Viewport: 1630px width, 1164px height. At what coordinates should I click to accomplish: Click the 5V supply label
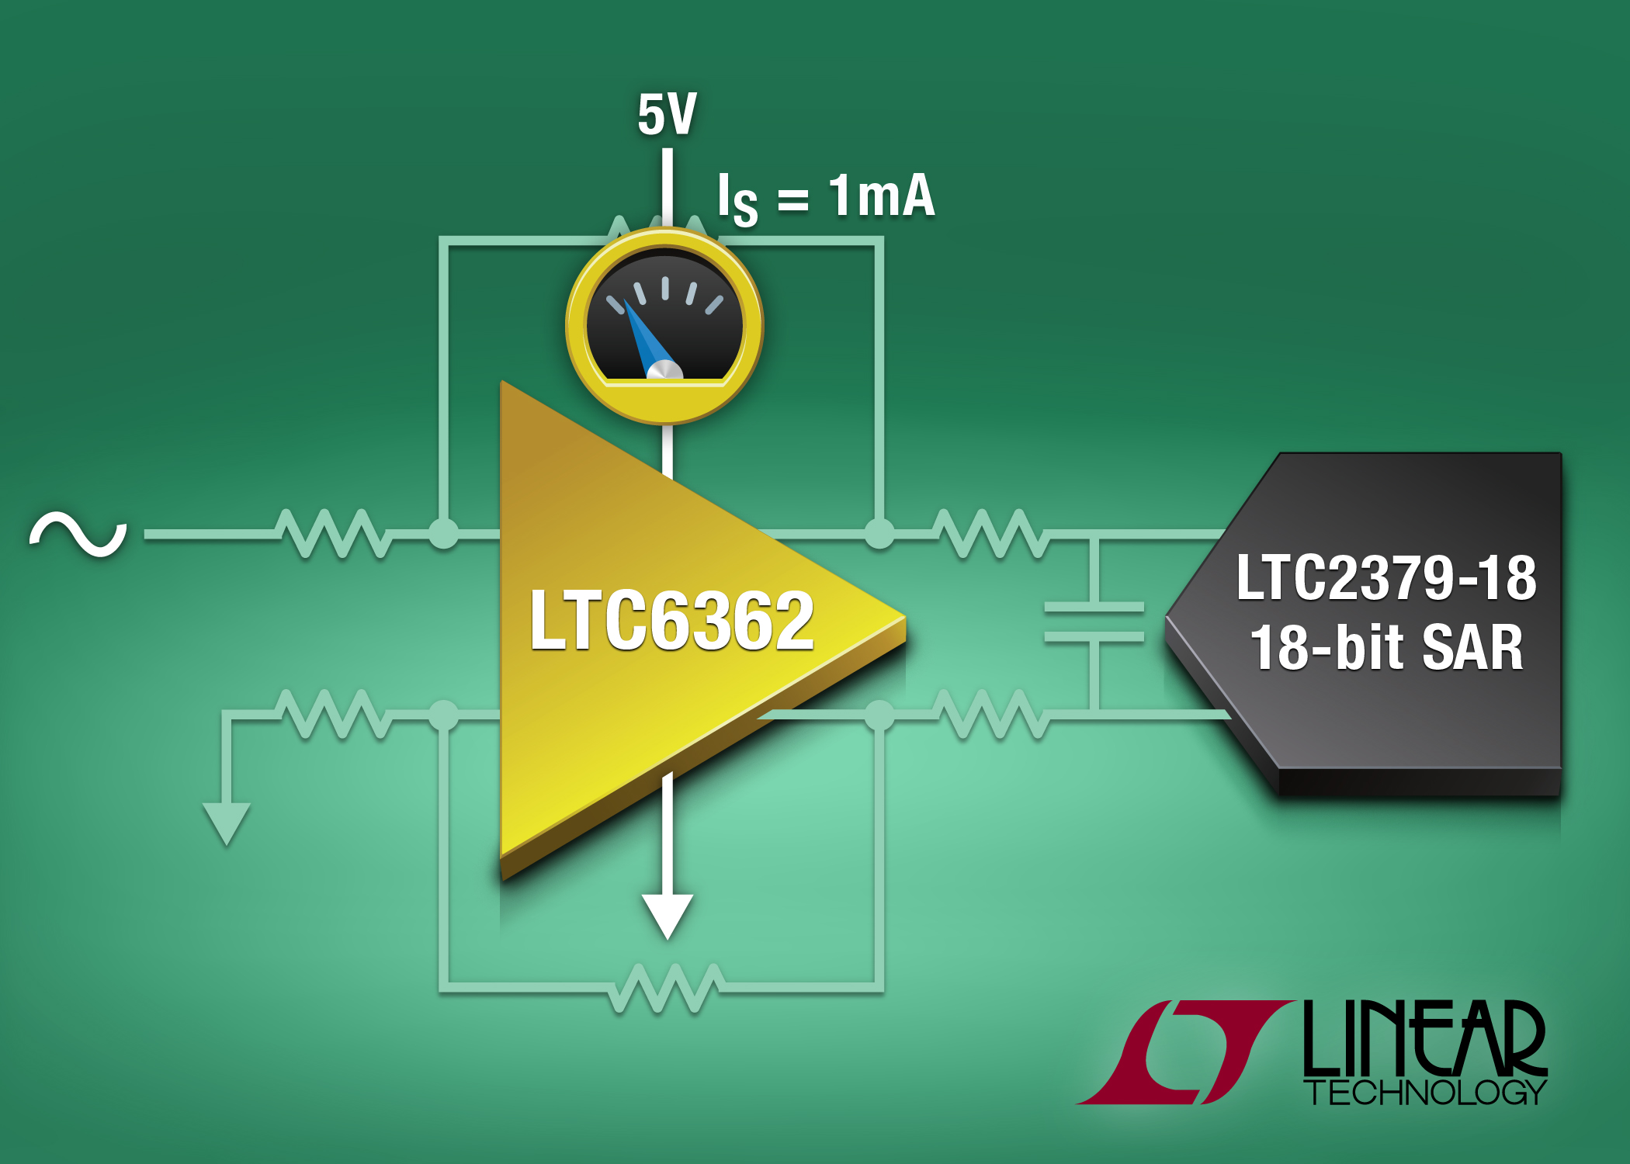pyautogui.click(x=667, y=114)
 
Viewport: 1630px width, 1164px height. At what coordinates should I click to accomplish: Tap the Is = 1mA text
pyautogui.click(x=826, y=199)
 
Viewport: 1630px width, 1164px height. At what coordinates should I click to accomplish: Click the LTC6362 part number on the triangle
pyautogui.click(x=672, y=620)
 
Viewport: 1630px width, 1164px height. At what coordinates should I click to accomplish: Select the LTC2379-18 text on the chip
pyautogui.click(x=1386, y=578)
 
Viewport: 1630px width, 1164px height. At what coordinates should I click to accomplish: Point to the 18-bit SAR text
pyautogui.click(x=1386, y=648)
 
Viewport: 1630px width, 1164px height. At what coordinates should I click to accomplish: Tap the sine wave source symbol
pyautogui.click(x=78, y=534)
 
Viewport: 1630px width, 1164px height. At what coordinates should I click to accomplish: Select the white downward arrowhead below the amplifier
pyautogui.click(x=667, y=916)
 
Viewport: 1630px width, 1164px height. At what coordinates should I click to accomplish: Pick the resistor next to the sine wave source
pyautogui.click(x=334, y=534)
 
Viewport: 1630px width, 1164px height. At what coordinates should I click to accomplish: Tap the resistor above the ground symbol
pyautogui.click(x=334, y=714)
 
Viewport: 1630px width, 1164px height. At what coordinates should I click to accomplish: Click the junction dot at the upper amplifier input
pyautogui.click(x=444, y=534)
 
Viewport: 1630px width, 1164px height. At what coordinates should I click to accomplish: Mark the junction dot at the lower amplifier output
pyautogui.click(x=879, y=714)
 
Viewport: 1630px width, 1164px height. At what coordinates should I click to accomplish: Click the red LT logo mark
pyautogui.click(x=1184, y=1052)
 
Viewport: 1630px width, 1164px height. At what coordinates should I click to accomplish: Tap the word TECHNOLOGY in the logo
pyautogui.click(x=1426, y=1093)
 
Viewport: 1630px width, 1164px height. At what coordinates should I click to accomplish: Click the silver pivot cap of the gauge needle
pyautogui.click(x=664, y=370)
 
